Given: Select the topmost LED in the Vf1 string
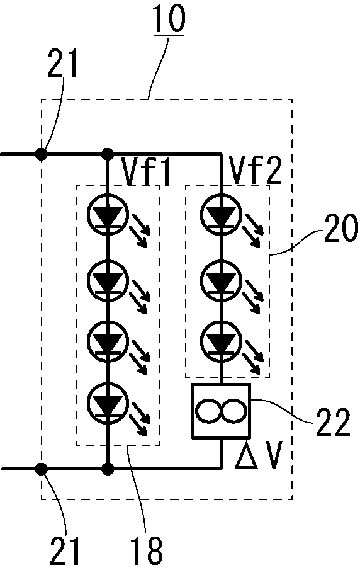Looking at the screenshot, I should (x=108, y=216).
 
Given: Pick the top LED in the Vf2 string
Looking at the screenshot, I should (x=220, y=216).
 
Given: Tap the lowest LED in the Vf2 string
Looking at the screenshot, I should (x=220, y=342).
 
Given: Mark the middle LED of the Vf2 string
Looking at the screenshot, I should (x=220, y=279).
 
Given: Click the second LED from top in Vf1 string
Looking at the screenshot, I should (x=108, y=279).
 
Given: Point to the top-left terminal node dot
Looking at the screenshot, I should (x=42, y=153).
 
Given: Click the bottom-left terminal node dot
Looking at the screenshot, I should (x=42, y=469).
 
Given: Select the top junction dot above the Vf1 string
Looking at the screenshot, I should (x=108, y=153).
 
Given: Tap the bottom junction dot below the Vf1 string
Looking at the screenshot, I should (x=108, y=469).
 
